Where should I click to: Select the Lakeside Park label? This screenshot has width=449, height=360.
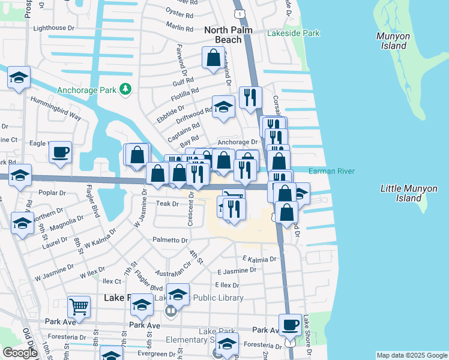point(294,34)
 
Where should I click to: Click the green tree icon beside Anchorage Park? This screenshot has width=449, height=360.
point(125,89)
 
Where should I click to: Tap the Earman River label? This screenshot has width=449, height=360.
point(331,172)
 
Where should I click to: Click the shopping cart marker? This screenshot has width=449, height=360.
point(79,307)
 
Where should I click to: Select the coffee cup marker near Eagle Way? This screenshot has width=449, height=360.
point(60,152)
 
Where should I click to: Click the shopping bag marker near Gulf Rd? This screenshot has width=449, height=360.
point(213,59)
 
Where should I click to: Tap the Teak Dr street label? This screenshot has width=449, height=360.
point(167,204)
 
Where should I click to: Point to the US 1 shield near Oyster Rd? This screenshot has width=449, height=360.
point(240,13)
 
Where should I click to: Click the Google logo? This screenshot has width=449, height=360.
point(20,353)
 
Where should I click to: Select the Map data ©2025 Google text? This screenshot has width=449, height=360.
point(411,355)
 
